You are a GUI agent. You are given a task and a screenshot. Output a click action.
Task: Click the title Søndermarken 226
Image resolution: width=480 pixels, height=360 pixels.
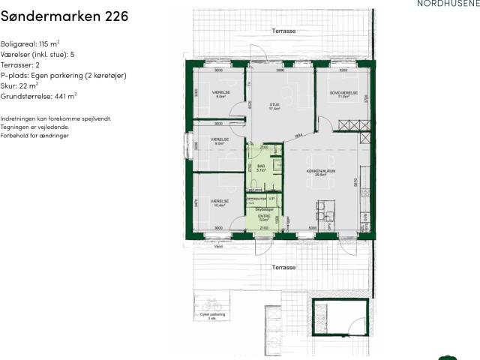click(64, 16)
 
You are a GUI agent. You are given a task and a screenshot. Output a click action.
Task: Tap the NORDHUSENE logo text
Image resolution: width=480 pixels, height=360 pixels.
click(447, 4)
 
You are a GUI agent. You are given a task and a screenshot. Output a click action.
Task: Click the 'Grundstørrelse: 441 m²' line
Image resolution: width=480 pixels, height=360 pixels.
click(39, 96)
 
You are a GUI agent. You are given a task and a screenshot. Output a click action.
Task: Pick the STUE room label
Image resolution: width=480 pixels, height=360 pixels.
click(274, 105)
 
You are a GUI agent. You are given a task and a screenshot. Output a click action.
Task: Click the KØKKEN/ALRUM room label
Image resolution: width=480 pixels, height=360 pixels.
click(319, 171)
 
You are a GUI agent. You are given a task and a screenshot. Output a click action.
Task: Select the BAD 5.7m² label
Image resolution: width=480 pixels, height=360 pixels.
click(262, 168)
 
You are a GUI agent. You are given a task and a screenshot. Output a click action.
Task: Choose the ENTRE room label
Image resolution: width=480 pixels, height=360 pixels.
click(263, 217)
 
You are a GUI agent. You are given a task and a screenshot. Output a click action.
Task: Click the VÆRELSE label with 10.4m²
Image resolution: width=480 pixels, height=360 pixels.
click(219, 202)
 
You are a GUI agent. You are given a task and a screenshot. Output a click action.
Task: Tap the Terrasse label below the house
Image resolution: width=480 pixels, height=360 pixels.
click(283, 268)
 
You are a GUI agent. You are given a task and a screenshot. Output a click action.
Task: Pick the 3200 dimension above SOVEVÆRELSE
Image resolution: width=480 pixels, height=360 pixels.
click(343, 70)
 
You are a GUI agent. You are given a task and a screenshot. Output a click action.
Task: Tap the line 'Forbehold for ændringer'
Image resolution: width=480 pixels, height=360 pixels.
click(34, 135)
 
